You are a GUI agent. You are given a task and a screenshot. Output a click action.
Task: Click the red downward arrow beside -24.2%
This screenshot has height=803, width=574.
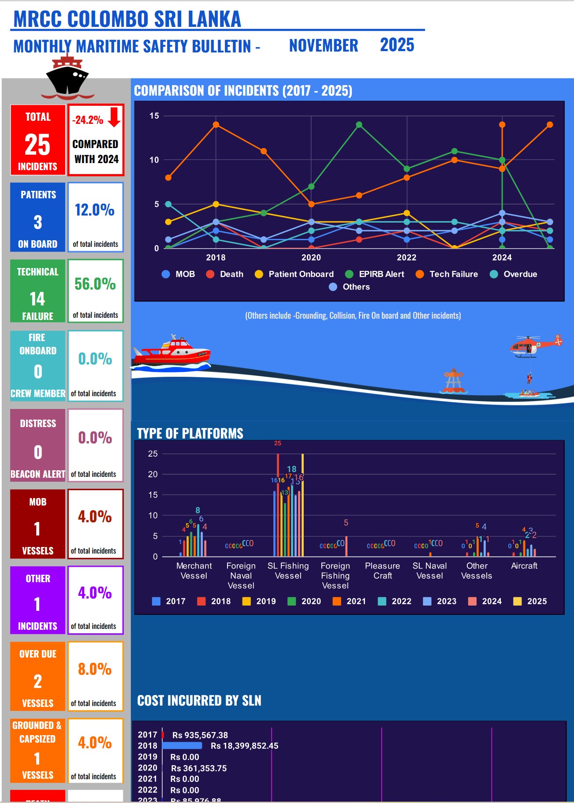pos(114,117)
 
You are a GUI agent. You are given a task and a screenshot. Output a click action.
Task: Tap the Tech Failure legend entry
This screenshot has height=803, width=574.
pos(447,274)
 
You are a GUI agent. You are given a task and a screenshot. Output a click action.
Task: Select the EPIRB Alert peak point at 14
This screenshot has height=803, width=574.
pos(359,125)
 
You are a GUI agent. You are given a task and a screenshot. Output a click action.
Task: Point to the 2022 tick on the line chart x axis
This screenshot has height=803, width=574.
pos(406,257)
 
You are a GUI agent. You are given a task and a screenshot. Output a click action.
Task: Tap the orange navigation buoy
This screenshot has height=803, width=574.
pos(453,381)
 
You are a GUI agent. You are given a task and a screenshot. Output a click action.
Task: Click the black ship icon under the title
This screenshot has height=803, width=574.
pos(67,78)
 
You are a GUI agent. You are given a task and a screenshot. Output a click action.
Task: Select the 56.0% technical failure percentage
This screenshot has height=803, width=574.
pos(95,284)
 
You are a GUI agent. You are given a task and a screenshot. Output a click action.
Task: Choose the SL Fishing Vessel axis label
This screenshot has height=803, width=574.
pos(288,571)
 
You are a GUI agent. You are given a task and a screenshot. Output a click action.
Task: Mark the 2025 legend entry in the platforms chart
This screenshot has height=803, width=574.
pos(531,601)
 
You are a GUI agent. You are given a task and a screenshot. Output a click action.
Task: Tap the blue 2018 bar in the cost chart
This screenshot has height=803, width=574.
pos(182,746)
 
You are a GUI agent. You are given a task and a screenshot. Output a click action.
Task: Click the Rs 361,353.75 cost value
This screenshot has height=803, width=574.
pos(199,768)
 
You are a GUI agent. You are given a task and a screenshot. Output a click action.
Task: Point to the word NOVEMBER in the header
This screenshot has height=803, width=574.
pos(323,45)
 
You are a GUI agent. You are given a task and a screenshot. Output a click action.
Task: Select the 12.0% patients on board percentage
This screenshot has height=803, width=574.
pos(95,210)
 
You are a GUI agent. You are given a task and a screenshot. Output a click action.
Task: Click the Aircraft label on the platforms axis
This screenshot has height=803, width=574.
pos(524,566)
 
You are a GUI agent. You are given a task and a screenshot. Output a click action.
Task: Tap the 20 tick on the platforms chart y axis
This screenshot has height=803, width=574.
pos(153,474)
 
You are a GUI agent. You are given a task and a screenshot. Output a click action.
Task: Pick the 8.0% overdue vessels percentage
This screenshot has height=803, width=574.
pos(95,669)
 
